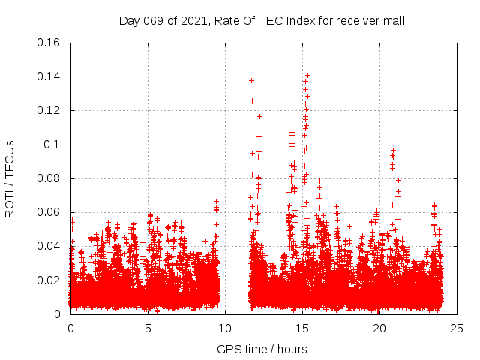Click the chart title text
pyautogui.click(x=262, y=20)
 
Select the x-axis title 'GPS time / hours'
pyautogui.click(x=262, y=349)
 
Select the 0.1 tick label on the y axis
pyautogui.click(x=52, y=145)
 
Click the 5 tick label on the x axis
pyautogui.click(x=148, y=328)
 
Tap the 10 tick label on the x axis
pyautogui.click(x=225, y=328)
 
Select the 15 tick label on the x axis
pyautogui.click(x=302, y=328)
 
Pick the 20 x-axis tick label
pyautogui.click(x=379, y=328)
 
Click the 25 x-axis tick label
pyautogui.click(x=457, y=328)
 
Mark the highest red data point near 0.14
pyautogui.click(x=307, y=75)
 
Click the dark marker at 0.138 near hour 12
pyautogui.click(x=252, y=80)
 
